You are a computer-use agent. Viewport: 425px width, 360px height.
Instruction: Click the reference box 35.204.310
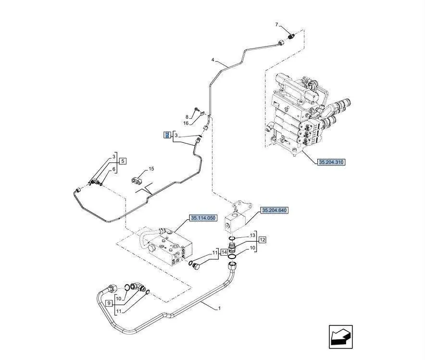pos(331,162)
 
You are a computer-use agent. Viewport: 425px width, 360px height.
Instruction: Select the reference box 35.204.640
pos(275,210)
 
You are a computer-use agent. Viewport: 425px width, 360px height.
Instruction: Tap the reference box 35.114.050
pos(203,218)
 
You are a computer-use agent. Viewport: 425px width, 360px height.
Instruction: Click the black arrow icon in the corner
pos(341,336)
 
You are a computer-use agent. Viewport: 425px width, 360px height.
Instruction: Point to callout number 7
pos(277,25)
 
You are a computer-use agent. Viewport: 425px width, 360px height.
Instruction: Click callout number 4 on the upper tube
pos(213,60)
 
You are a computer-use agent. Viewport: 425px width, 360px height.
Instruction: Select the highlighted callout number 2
pos(167,135)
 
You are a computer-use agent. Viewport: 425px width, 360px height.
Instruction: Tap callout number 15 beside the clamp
pos(151,169)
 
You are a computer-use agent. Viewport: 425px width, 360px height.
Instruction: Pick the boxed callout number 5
pos(123,161)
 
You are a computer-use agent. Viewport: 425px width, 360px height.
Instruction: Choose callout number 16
pos(186,123)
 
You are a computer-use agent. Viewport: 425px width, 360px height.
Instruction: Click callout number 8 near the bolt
pos(187,117)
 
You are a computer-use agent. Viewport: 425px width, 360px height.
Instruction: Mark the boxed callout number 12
pos(262,240)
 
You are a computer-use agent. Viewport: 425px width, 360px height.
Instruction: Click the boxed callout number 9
pos(109,303)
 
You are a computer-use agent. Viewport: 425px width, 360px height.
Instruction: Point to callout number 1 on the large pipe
pos(219,308)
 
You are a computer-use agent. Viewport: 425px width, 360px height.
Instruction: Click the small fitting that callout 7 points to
pos(291,36)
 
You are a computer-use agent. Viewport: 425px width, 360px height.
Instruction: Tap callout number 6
pos(114,169)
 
